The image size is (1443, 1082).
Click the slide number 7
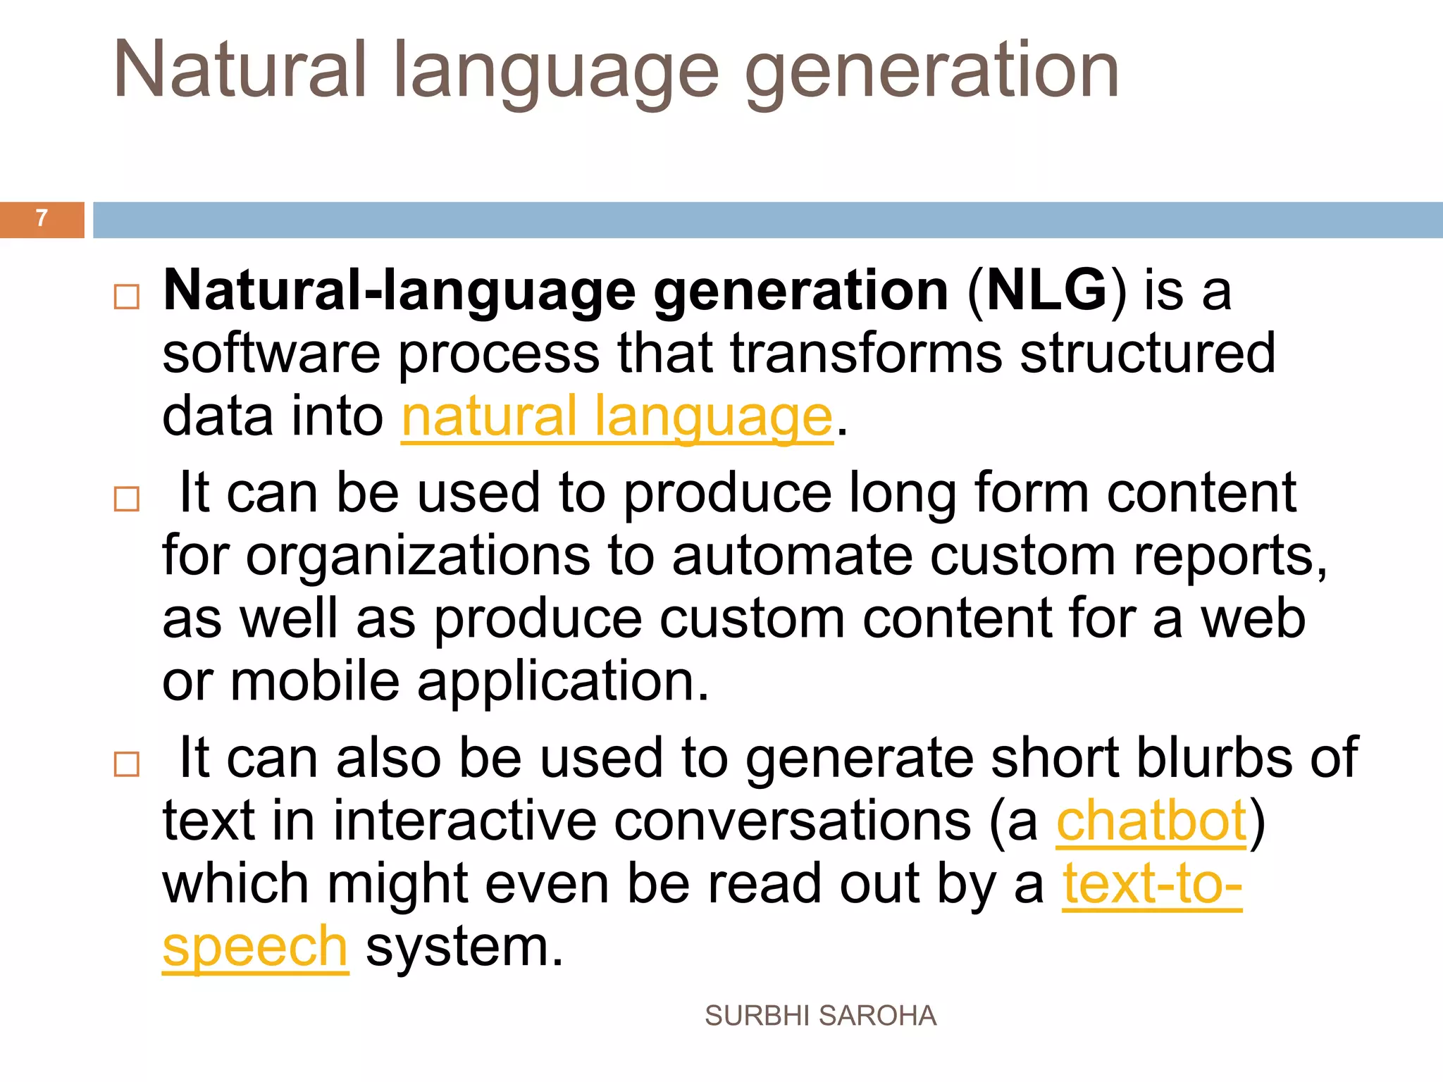[x=42, y=218]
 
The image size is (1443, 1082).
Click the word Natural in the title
[x=240, y=70]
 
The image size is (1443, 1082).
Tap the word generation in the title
[x=931, y=70]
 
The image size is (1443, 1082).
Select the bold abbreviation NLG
[x=1047, y=290]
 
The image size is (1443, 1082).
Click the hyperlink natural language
[x=617, y=417]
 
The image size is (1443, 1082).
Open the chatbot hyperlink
[x=1151, y=821]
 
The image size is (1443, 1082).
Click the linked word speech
[x=255, y=947]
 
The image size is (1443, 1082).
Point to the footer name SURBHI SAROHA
[x=820, y=1016]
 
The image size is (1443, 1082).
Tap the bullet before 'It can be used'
[x=127, y=499]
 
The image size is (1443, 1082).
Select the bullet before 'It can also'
[x=127, y=764]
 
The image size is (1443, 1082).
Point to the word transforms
[x=865, y=354]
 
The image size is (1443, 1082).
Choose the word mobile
[x=315, y=681]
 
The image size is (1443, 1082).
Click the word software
[x=271, y=354]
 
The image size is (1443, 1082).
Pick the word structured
[x=1147, y=354]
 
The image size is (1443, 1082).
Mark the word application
[x=562, y=683]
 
